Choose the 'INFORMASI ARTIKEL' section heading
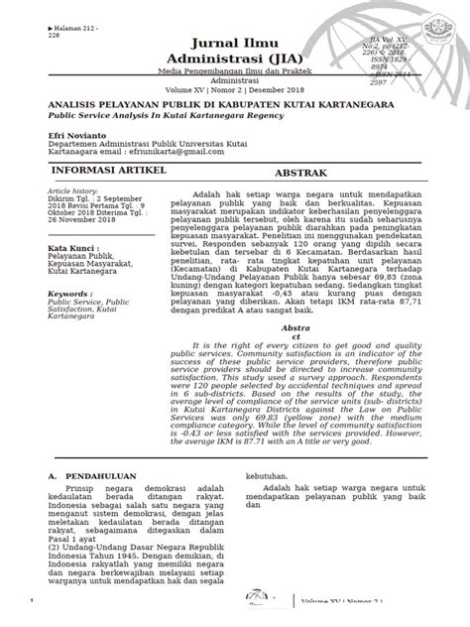93,171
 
